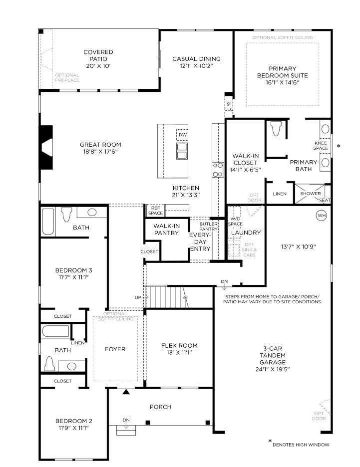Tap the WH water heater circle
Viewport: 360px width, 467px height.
pos(321,216)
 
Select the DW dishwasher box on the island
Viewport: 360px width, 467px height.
pos(182,135)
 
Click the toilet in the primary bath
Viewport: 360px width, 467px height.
pos(276,128)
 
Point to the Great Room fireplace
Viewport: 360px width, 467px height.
pos(46,147)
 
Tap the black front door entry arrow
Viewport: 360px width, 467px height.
pos(126,392)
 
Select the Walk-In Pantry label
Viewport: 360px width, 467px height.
pos(166,230)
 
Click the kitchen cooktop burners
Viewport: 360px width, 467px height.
pos(218,170)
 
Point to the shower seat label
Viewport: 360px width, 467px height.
pos(325,201)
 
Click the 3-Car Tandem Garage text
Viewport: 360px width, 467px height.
pos(273,355)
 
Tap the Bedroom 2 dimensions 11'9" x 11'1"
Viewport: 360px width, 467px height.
pos(73,428)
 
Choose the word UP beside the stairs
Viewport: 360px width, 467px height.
pos(138,297)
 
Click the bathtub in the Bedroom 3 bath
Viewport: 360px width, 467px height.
pos(48,222)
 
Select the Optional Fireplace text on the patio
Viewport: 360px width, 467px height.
pos(67,78)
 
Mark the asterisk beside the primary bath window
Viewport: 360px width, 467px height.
pos(338,146)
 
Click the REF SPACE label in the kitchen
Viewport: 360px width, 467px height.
pos(155,211)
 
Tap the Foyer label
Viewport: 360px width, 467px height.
pos(115,349)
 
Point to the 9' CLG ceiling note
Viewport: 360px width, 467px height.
pos(229,107)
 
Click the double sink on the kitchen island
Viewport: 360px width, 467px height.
pos(182,151)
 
